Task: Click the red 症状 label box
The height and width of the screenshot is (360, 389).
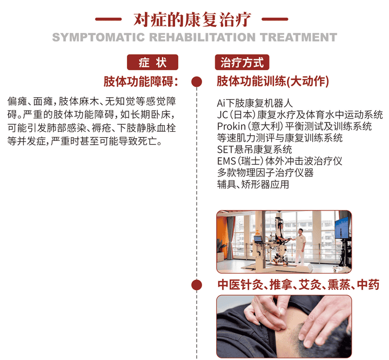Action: (x=152, y=63)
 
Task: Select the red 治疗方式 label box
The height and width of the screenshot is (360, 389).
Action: (x=242, y=63)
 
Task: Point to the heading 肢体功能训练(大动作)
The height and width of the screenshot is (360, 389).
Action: (x=272, y=81)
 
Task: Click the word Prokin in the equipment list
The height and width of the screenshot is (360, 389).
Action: (x=232, y=126)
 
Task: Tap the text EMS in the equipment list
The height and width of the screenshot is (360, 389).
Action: (x=226, y=161)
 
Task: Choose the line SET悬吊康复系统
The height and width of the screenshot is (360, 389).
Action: (x=254, y=150)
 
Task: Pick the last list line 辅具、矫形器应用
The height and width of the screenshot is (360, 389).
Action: (x=253, y=185)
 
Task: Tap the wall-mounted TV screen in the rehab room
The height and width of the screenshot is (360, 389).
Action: (x=341, y=229)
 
